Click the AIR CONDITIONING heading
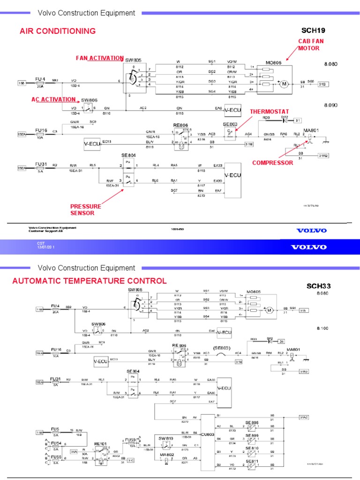(58, 31)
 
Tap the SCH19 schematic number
(316, 30)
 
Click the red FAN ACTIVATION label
(100, 58)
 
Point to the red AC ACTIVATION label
(53, 99)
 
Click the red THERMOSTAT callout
(269, 112)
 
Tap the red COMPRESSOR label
(272, 163)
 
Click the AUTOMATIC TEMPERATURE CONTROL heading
(89, 281)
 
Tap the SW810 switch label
(165, 438)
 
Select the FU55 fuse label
(56, 457)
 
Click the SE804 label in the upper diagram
(128, 155)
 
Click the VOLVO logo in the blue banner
(308, 247)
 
